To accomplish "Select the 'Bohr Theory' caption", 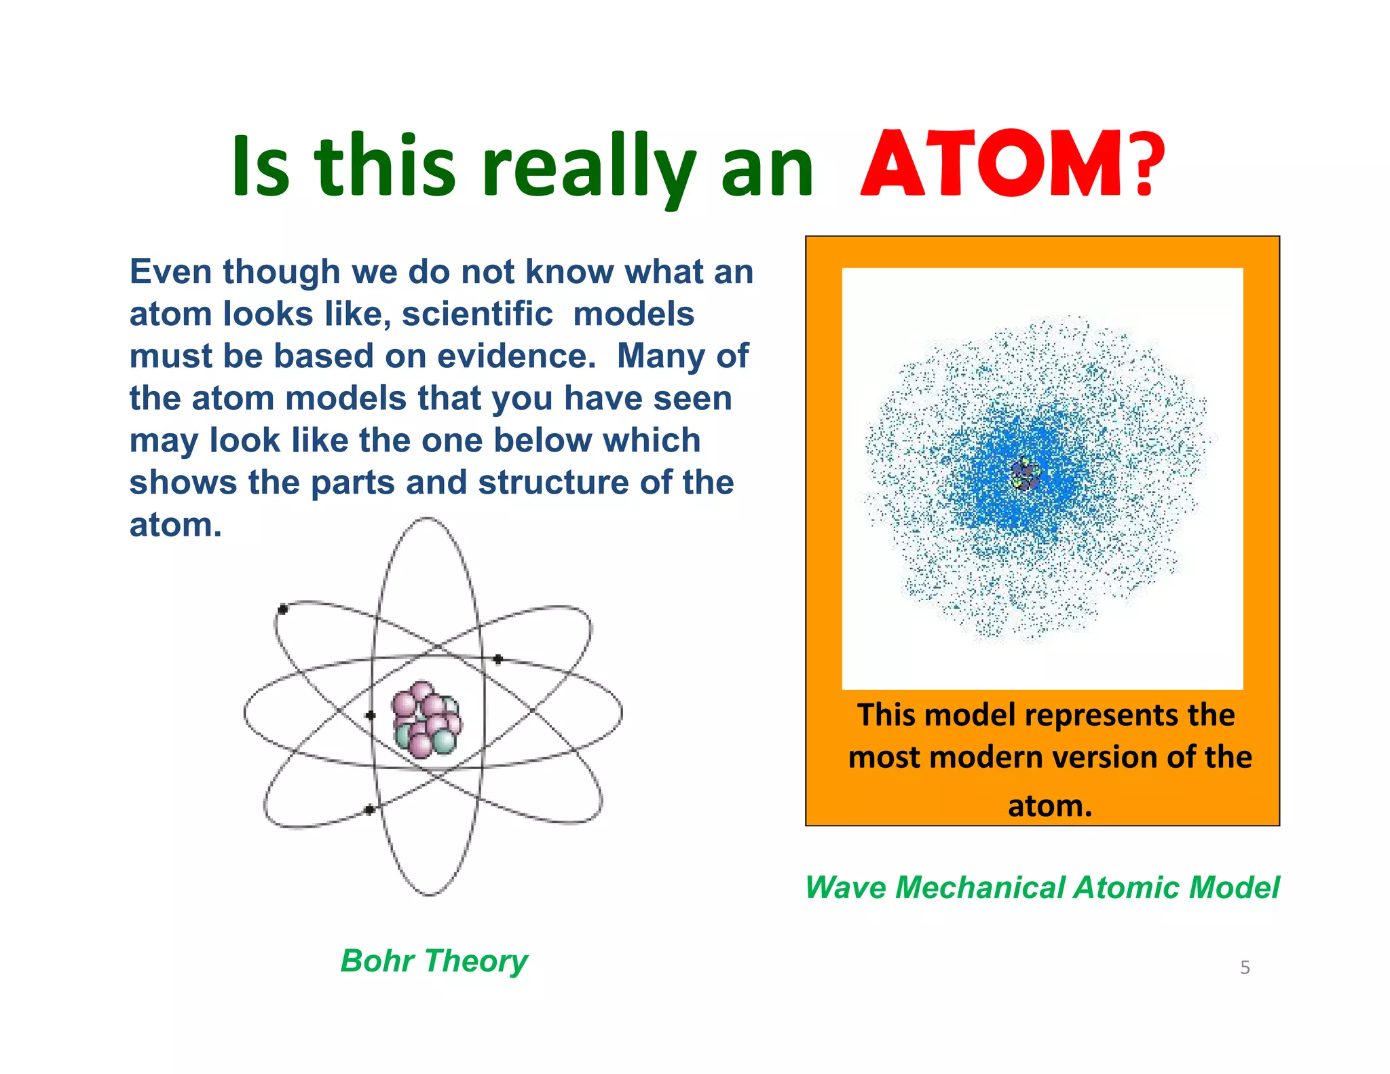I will (434, 961).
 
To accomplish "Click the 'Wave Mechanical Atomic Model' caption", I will (1041, 887).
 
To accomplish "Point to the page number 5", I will (1245, 967).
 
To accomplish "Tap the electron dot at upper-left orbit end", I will (283, 609).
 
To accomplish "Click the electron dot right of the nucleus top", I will (497, 659).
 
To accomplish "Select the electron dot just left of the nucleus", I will (370, 715).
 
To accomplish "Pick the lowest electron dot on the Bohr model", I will (369, 809).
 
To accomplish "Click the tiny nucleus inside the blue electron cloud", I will (1024, 474).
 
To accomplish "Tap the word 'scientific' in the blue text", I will (477, 314).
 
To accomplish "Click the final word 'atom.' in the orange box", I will (1049, 806).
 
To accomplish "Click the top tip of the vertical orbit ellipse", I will (428, 519).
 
